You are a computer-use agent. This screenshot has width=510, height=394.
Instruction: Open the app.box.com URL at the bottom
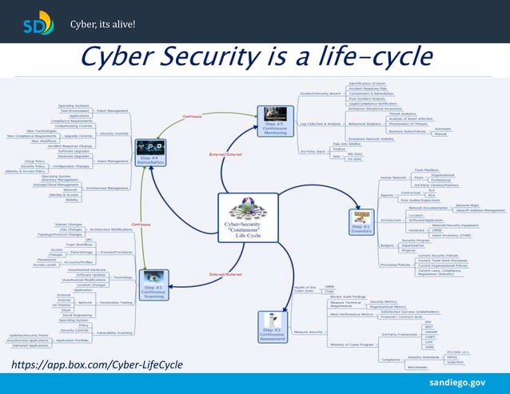97,364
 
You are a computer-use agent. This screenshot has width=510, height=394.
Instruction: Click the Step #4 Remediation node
150,151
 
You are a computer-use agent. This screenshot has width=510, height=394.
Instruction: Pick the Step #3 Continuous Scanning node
154,281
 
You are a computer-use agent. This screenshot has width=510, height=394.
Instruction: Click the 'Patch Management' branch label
112,111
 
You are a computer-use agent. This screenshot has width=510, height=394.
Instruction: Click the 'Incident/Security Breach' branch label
318,93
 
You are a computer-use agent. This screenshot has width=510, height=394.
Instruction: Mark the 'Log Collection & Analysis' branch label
318,124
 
